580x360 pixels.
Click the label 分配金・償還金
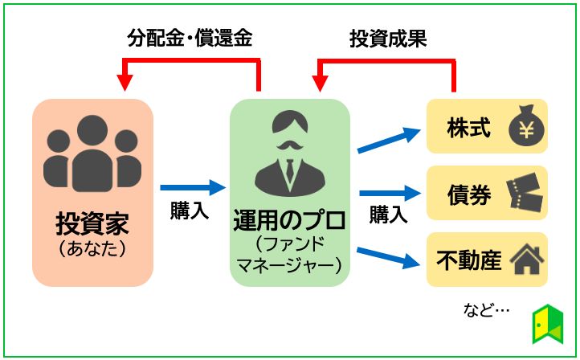pos(190,39)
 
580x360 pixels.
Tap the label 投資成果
pos(387,39)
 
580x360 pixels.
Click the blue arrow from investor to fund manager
pos(193,188)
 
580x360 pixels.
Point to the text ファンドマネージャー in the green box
pos(289,252)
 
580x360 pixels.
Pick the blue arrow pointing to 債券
pos(390,193)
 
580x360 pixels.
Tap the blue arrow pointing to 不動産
pos(390,256)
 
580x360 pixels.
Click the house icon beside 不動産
pos(526,260)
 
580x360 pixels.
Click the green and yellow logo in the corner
pos(548,325)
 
